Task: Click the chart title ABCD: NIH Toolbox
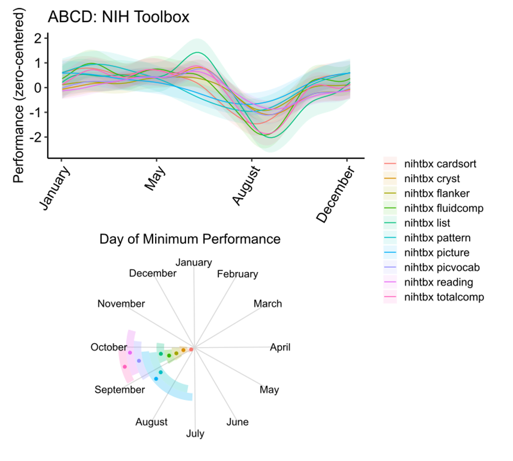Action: [x=118, y=17]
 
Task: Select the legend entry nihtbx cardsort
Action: [x=440, y=164]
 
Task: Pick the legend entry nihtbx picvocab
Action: [x=442, y=268]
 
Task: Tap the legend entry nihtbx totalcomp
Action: [x=444, y=297]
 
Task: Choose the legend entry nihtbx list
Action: [x=427, y=223]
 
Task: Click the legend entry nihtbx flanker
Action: [x=436, y=193]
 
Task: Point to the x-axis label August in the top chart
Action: [x=246, y=185]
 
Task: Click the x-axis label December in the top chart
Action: [x=336, y=194]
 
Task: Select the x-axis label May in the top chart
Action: [x=155, y=178]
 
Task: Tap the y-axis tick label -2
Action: [x=36, y=137]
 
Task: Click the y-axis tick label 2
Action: [x=38, y=38]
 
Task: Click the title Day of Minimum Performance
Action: [x=190, y=239]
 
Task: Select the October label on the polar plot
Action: [x=109, y=347]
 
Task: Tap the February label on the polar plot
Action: [x=237, y=274]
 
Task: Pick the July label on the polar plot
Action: [x=195, y=434]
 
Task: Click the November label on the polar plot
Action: [x=121, y=303]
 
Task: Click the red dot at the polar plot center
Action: [x=191, y=350]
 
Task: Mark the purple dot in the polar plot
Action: [x=139, y=361]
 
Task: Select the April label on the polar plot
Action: [x=280, y=347]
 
